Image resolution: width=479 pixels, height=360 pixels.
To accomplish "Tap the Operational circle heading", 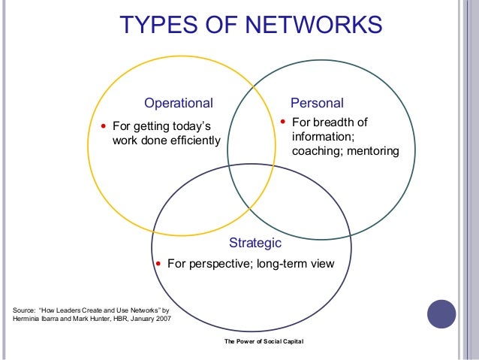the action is click(179, 103).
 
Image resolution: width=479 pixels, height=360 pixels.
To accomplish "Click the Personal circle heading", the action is click(317, 103).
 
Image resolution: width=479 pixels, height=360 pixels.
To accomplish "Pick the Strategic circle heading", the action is click(255, 244).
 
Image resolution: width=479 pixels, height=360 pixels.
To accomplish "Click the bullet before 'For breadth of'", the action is click(282, 121).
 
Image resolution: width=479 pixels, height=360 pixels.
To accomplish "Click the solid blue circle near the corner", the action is click(441, 314).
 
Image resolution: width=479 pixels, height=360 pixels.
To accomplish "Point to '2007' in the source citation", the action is click(162, 319).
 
